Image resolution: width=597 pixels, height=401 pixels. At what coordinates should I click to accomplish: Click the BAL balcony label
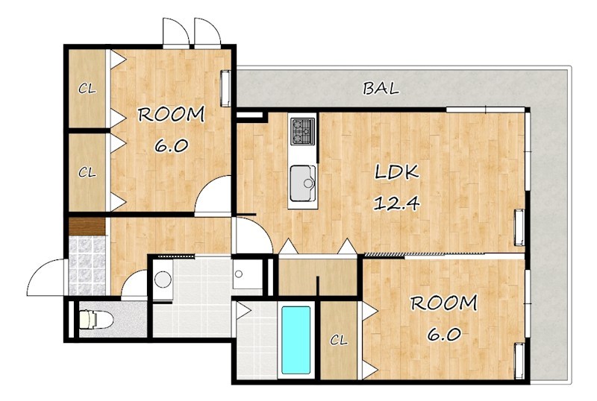(x=381, y=89)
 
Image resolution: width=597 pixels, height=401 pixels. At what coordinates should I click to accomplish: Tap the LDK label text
(x=397, y=172)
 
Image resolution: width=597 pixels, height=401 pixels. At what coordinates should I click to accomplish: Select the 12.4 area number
(x=396, y=203)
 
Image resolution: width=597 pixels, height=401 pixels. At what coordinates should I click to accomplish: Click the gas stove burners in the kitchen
(x=303, y=131)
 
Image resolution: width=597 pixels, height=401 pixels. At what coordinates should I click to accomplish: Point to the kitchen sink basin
(x=303, y=183)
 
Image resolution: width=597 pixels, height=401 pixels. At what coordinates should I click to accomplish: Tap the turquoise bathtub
(x=296, y=340)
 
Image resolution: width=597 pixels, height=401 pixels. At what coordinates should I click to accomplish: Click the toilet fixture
(x=96, y=319)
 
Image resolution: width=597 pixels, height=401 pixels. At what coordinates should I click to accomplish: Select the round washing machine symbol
(x=163, y=280)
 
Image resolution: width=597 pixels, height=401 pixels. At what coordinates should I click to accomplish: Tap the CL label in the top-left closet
(x=87, y=89)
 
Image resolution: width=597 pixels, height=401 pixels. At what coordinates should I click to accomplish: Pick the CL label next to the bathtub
(x=339, y=340)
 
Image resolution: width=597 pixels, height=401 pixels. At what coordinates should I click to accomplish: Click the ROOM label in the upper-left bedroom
(x=172, y=115)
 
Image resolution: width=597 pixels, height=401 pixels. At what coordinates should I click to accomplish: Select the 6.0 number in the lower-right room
(x=444, y=335)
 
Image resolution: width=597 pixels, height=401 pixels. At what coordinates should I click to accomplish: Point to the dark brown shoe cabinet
(x=87, y=227)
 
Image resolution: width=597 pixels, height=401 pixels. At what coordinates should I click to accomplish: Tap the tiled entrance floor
(x=87, y=265)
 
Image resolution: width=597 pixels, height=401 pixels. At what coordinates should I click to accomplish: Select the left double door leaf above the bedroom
(x=175, y=33)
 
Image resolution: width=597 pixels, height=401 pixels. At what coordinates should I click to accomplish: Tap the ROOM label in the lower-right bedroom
(x=443, y=303)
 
